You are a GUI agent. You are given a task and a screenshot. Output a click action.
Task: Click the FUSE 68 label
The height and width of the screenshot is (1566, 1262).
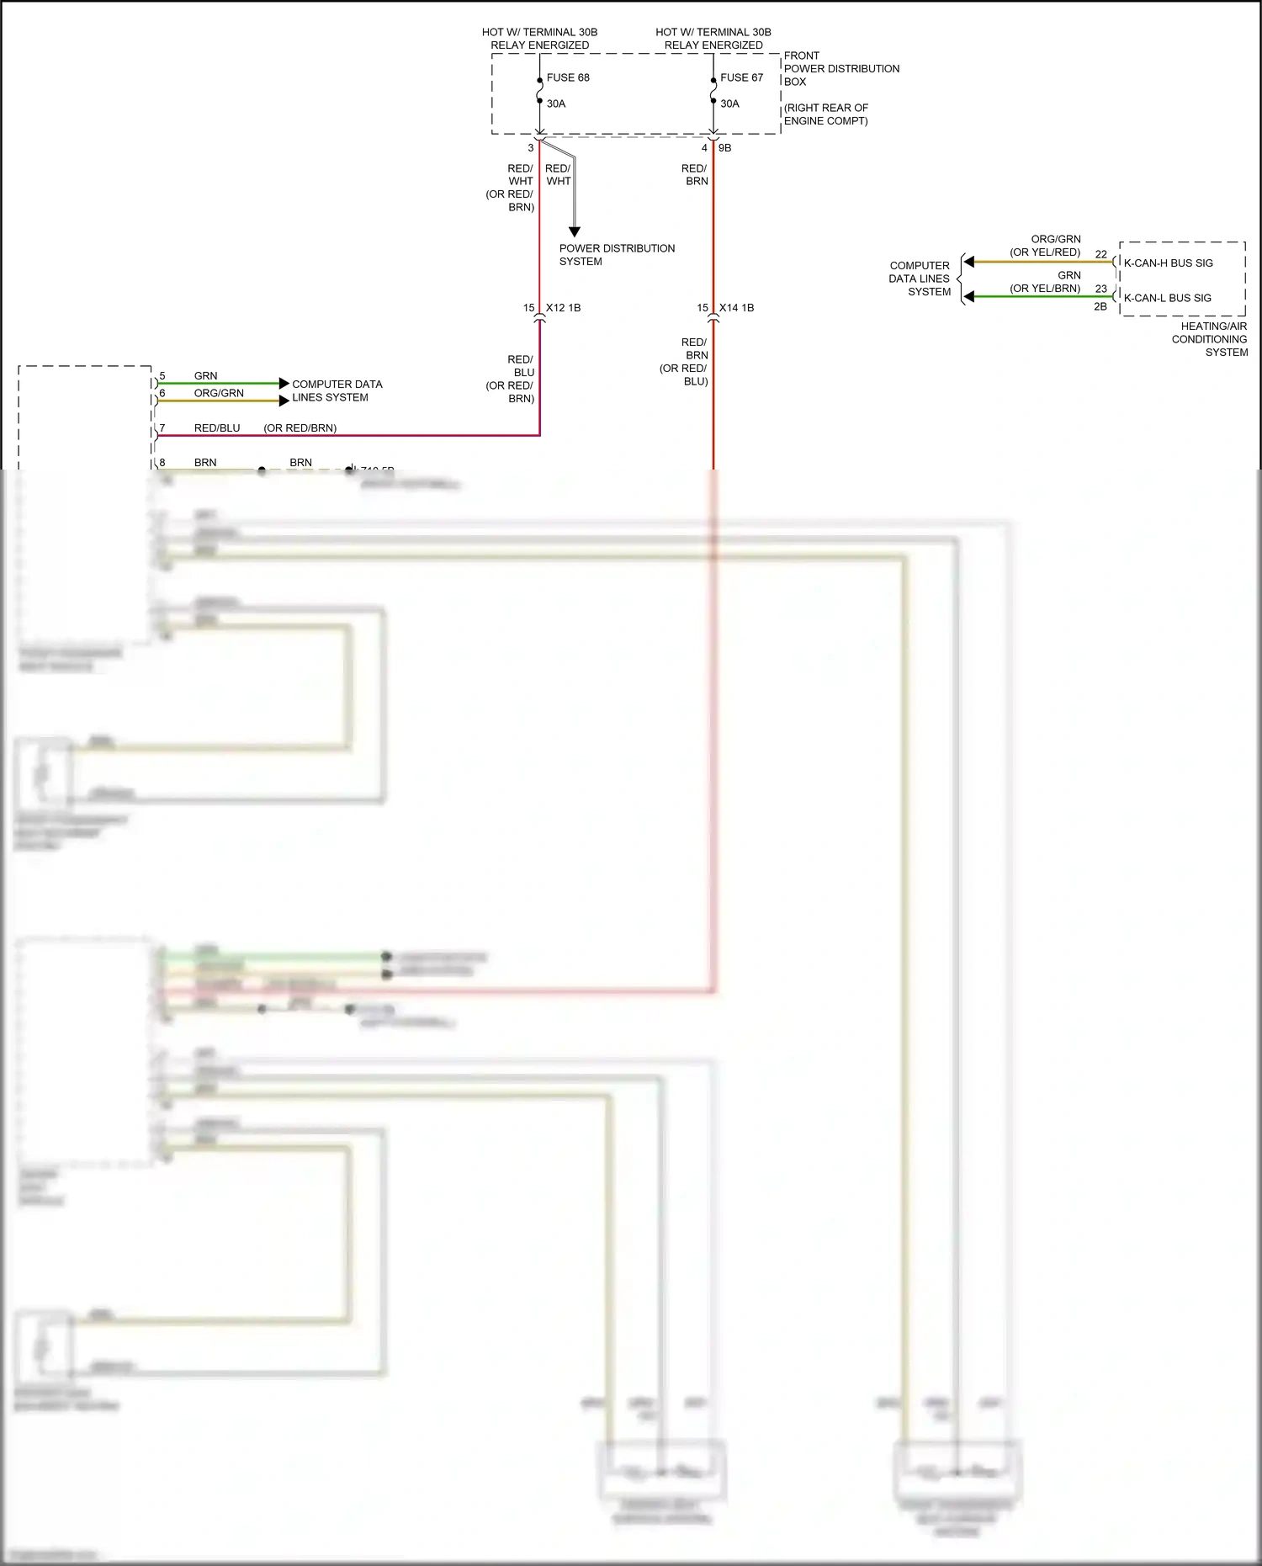(568, 77)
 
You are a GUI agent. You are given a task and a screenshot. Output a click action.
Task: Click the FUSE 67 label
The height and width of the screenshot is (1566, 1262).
(741, 77)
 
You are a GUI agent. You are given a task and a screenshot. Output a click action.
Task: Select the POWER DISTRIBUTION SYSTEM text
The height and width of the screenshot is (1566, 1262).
(617, 255)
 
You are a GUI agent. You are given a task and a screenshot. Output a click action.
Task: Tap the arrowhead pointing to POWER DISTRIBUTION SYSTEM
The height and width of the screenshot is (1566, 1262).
(575, 232)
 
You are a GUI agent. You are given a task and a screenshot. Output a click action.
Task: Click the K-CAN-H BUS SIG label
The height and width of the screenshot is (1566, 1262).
(1168, 263)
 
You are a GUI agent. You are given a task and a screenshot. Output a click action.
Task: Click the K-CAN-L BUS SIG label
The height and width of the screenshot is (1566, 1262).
(1167, 298)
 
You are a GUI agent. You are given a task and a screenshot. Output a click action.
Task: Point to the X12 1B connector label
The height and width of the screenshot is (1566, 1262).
(563, 308)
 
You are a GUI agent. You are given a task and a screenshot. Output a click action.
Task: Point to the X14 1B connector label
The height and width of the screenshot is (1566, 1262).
(736, 308)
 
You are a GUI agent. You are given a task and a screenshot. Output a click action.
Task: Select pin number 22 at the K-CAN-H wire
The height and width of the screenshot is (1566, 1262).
(1100, 254)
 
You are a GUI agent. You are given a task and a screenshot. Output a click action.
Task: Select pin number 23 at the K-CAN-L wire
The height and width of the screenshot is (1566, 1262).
(1100, 289)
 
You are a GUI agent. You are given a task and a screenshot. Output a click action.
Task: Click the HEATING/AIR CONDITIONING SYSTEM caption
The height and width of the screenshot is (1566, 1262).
(1211, 339)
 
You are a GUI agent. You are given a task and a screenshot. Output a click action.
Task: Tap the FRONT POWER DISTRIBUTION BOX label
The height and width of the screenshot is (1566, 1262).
(840, 69)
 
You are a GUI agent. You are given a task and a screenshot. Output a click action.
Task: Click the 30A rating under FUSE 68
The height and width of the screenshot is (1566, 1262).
(556, 104)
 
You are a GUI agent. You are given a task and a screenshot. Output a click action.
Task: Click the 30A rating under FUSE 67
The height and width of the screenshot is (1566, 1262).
(729, 104)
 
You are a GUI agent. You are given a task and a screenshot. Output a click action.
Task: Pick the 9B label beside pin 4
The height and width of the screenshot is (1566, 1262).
(724, 148)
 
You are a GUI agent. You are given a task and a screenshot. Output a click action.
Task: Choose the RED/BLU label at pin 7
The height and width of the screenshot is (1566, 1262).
(217, 428)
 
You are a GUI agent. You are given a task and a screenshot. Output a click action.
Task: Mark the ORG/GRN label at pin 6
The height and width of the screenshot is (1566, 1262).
(219, 393)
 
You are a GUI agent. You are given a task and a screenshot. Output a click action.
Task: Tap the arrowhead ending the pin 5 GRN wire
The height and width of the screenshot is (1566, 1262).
(284, 384)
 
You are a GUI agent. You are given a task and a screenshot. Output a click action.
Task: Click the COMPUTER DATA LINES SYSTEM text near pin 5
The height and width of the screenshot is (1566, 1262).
(337, 390)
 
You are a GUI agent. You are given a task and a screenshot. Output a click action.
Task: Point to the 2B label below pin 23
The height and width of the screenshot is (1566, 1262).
(1100, 307)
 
